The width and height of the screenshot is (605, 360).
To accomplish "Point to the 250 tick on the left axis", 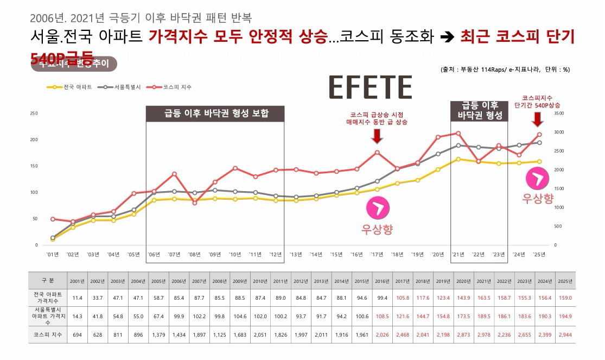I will [34, 113].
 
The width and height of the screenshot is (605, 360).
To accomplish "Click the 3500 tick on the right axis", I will [560, 113].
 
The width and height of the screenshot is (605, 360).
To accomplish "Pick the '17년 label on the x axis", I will [377, 254].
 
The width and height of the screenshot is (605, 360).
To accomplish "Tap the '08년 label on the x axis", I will [194, 254].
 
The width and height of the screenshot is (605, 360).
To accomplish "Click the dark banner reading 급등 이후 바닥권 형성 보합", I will [215, 113].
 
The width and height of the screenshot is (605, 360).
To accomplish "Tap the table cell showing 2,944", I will [564, 335].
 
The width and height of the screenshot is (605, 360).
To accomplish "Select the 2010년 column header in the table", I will [260, 281].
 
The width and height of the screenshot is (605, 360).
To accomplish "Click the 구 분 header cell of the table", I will [48, 281].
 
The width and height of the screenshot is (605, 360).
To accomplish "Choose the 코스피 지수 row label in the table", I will [48, 335].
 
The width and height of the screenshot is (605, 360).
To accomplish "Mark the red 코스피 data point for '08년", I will [194, 203].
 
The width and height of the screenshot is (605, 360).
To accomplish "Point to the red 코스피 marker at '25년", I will [539, 134].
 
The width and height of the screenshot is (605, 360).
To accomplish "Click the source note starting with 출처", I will [505, 70].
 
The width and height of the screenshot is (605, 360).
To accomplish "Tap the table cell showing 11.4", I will [77, 298].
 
